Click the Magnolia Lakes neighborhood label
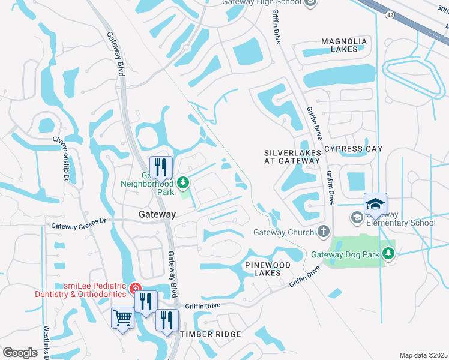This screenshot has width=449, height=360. [343, 45]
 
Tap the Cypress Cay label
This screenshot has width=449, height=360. [352, 149]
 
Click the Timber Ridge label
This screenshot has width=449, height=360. [211, 334]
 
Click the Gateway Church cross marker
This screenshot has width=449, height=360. [323, 232]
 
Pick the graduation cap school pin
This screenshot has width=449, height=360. [375, 205]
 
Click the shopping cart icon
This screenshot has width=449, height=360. [123, 317]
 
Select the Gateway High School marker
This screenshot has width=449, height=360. [310, 3]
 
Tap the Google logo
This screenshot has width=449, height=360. [20, 352]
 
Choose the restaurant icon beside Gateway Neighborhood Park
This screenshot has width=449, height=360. [161, 167]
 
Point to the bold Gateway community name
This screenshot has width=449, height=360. [157, 214]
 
